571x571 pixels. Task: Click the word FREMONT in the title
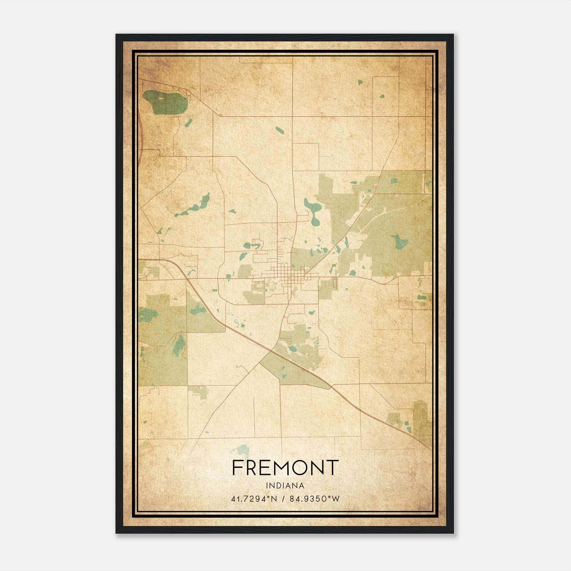[285, 468]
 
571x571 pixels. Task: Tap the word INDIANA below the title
[285, 486]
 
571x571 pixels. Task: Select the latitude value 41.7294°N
[254, 499]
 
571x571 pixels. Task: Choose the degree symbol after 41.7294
[269, 497]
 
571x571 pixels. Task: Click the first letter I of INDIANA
[267, 486]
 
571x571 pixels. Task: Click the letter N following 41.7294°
[274, 499]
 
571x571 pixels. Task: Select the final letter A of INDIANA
[302, 486]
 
